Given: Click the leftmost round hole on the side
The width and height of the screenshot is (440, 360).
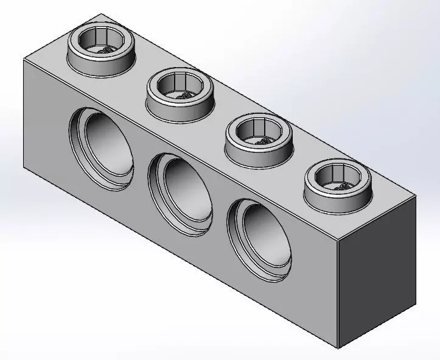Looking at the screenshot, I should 102,146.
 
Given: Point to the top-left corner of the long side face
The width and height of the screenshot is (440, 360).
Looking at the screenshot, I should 23,60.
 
